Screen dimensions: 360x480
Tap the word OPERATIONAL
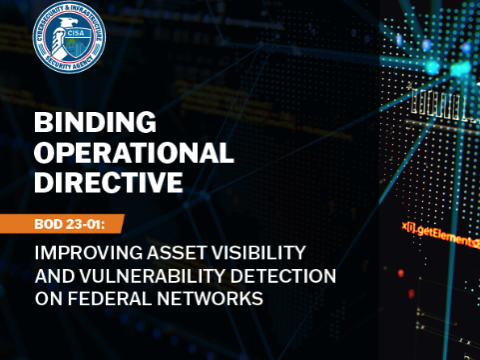[x=134, y=153]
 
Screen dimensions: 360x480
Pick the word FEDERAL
[x=111, y=296]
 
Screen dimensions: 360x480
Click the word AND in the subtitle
[x=51, y=272]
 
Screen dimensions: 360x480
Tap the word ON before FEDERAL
[x=47, y=296]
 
